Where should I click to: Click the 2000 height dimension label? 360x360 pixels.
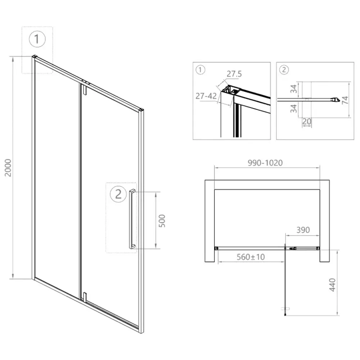pos(8,168)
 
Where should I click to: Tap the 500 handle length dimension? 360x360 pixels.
pos(162,221)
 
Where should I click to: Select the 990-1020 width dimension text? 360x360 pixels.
pos(265,163)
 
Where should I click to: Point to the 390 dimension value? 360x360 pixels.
pos(303,230)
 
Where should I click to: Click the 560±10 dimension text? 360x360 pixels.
pos(251,257)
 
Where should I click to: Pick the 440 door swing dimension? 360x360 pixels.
pos(332,285)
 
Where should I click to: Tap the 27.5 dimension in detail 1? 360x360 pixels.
pos(234,74)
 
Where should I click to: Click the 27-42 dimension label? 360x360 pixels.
pos(206,96)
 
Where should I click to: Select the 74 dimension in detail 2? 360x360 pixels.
pos(345,100)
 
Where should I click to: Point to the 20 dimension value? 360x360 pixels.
pos(307,121)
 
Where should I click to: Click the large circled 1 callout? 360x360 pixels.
pos(37,39)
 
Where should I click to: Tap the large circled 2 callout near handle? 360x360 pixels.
pos(118,194)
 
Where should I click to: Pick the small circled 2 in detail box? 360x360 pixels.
pos(284,70)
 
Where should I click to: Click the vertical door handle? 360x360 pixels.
pos(132,219)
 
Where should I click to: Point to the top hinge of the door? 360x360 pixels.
pos(85,89)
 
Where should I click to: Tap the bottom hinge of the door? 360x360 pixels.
pos(85,297)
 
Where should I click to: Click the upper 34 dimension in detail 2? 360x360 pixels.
pos(294,89)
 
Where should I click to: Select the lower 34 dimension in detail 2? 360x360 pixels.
pos(294,108)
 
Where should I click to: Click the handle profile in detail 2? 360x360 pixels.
pos(309,100)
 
